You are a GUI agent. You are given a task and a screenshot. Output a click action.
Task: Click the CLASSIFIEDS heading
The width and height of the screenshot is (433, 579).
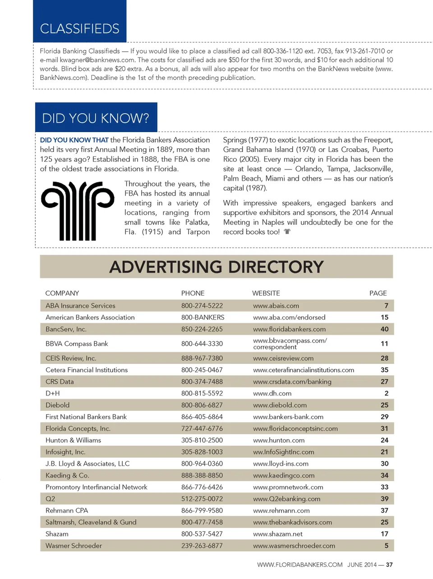point(80,29)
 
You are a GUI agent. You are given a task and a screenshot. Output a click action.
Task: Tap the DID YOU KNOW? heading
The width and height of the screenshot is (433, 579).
point(96,118)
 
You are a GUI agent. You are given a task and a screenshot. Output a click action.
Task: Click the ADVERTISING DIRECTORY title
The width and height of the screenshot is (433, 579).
point(216,267)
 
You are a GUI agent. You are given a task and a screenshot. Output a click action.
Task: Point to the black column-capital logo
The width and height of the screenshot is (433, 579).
point(78,211)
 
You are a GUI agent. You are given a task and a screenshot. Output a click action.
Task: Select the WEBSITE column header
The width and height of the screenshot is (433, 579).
point(266,293)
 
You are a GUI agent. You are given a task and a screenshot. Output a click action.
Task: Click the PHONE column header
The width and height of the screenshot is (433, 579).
point(193,293)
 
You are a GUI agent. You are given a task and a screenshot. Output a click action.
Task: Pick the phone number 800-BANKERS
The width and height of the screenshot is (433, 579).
point(203,317)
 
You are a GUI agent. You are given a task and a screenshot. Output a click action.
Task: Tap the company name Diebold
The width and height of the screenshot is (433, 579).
point(58,405)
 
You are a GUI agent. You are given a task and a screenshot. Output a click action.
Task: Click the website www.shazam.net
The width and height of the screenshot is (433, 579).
point(278,534)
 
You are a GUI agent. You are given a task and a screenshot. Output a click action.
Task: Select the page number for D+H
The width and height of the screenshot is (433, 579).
point(386,393)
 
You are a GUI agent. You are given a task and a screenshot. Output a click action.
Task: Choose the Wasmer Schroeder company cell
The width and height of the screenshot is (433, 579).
point(74,546)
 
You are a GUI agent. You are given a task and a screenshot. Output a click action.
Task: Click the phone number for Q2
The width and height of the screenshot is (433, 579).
point(202,499)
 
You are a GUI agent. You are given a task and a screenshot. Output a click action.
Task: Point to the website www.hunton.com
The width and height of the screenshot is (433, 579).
point(279,440)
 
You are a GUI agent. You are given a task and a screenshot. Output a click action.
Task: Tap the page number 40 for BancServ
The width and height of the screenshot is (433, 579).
point(384,329)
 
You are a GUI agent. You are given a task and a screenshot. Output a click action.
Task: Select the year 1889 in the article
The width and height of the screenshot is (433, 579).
point(164,149)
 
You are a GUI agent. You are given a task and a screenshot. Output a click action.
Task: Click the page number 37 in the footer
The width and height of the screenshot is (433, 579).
point(389,565)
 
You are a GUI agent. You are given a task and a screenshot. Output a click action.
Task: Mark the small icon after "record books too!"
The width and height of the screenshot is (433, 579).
point(287,232)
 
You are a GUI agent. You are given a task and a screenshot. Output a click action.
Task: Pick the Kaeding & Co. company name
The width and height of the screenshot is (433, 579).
point(67,475)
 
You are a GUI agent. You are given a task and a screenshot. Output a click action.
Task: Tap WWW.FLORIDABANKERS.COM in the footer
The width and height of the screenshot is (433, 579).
point(299,565)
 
